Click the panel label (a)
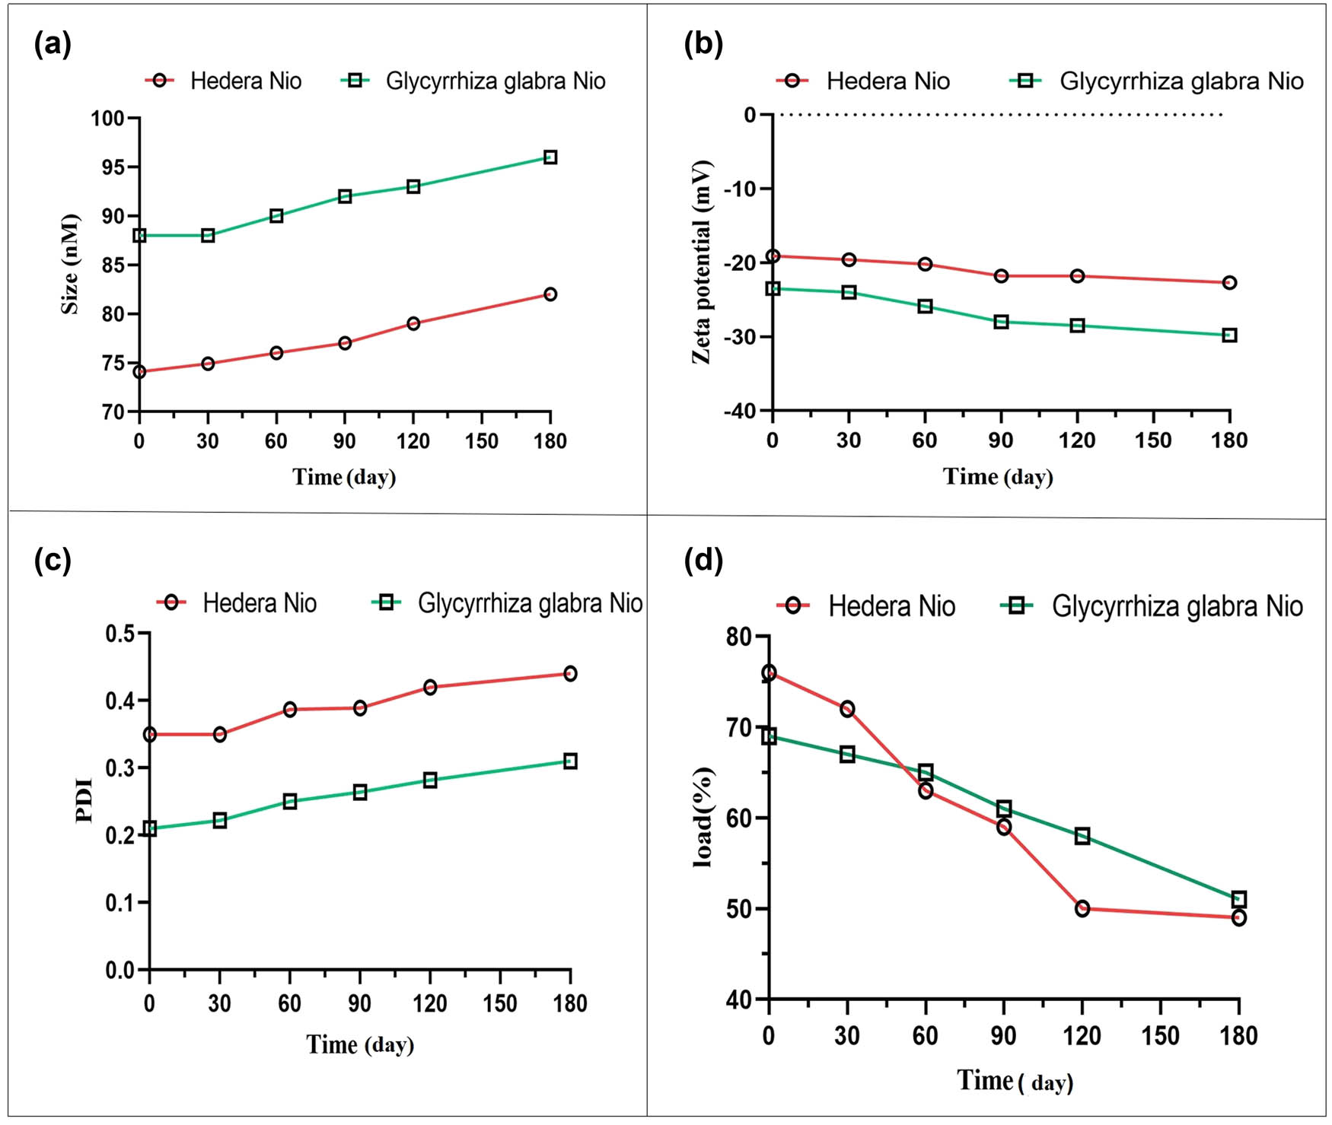tap(53, 44)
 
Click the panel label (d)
tap(703, 561)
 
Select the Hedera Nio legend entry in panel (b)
tap(863, 81)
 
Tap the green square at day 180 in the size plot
tap(550, 157)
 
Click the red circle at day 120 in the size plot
tap(413, 323)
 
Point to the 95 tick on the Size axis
tap(112, 167)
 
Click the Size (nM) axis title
tap(70, 264)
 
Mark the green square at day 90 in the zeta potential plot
tap(1001, 322)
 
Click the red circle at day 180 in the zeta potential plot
tap(1229, 283)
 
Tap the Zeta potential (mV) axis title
tap(701, 262)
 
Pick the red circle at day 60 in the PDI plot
tap(290, 710)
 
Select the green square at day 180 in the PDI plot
tap(570, 761)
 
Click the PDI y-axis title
tap(84, 800)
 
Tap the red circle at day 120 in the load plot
tap(1082, 908)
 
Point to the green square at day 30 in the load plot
tap(847, 755)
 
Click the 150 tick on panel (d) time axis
tap(1160, 1035)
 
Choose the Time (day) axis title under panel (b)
tap(998, 477)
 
